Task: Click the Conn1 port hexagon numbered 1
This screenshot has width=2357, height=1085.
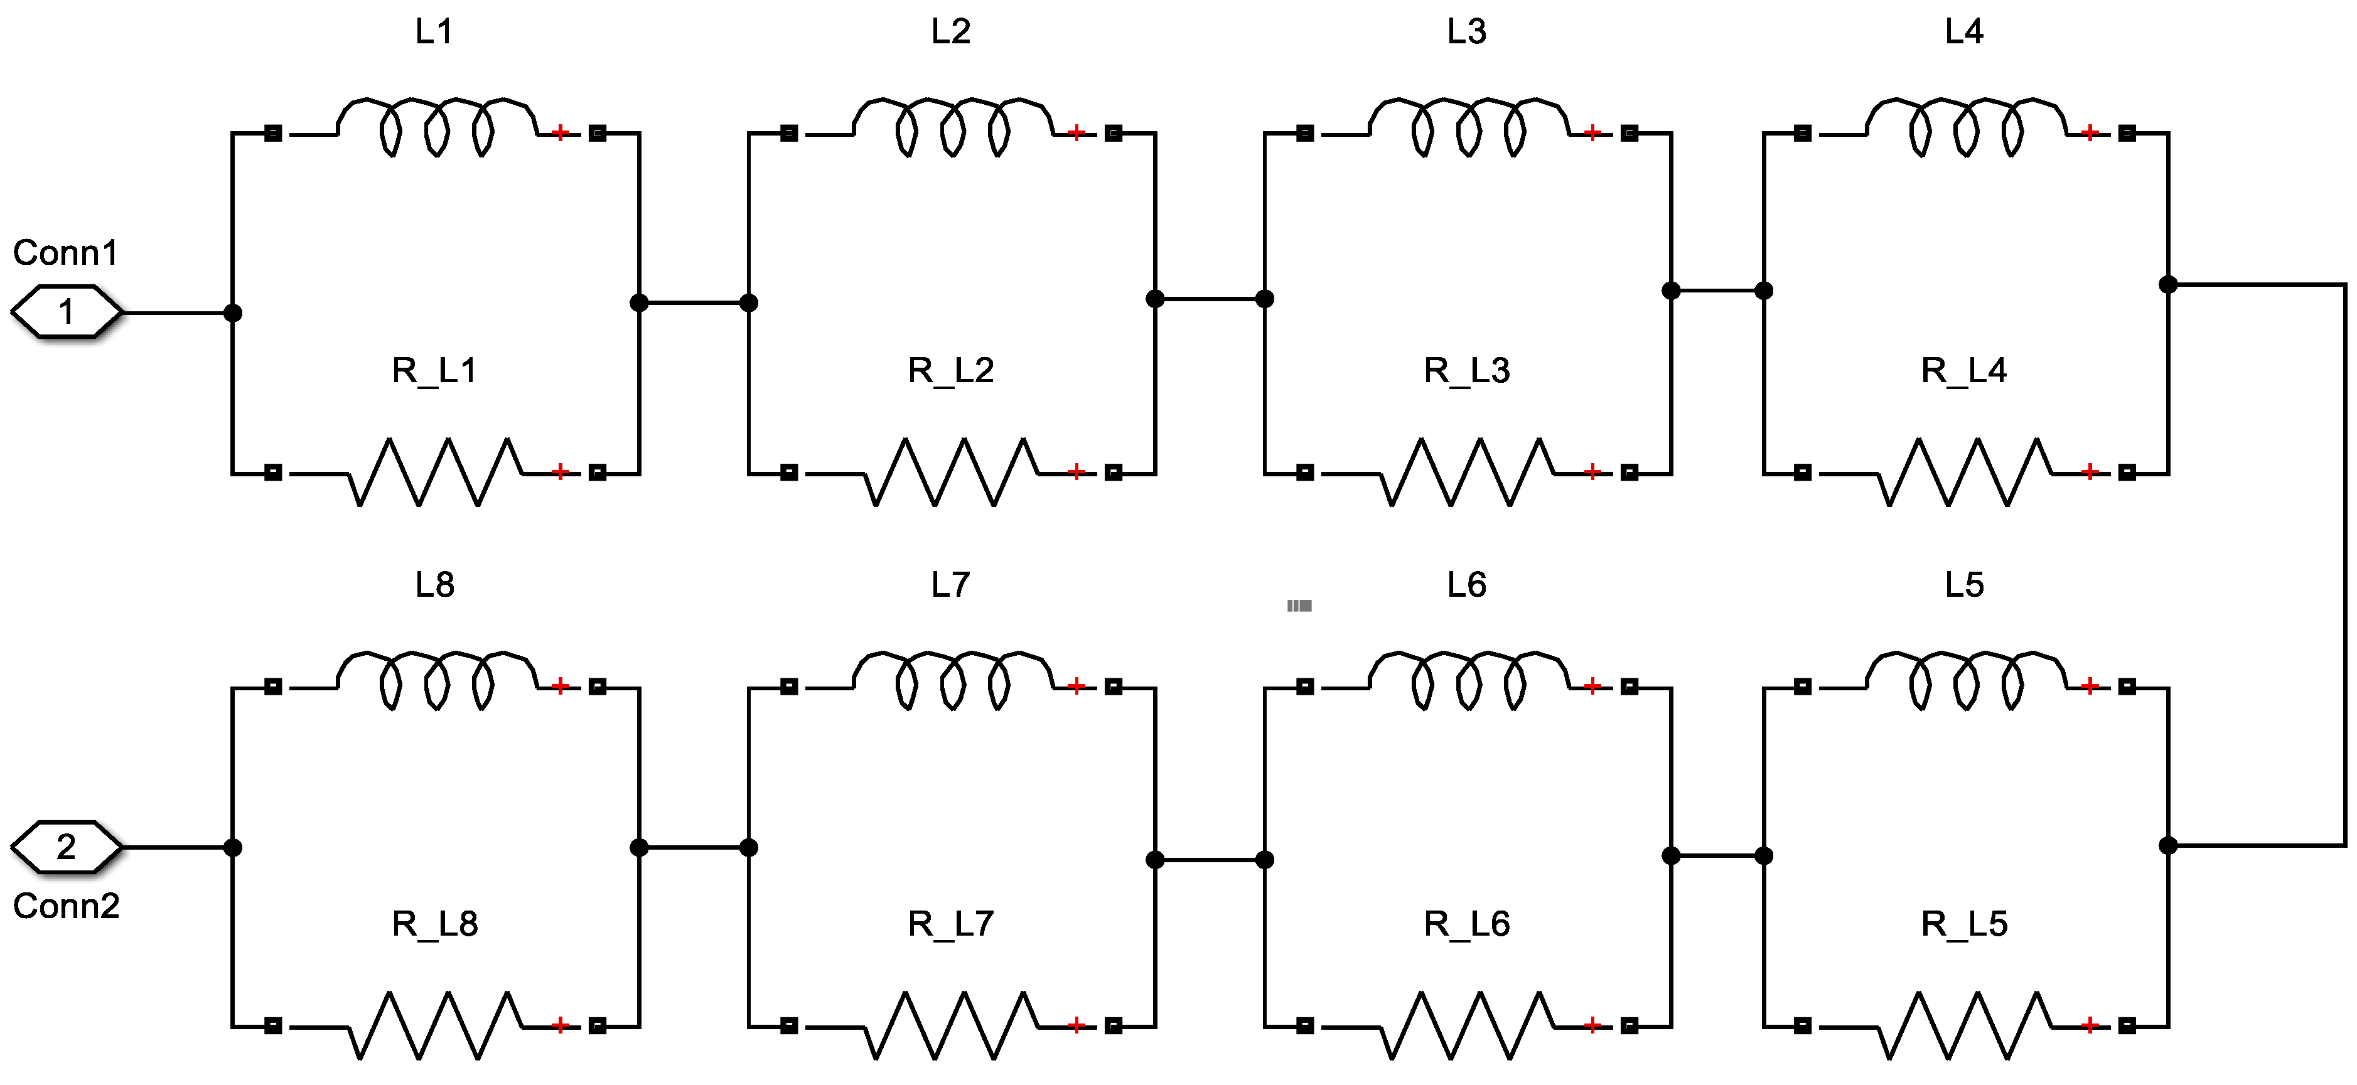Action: tap(66, 312)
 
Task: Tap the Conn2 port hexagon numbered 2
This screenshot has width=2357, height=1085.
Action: tap(66, 847)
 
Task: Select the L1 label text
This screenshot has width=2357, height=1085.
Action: tap(434, 32)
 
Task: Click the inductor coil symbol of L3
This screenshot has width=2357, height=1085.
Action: tap(1468, 126)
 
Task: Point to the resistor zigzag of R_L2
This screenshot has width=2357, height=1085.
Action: tap(952, 472)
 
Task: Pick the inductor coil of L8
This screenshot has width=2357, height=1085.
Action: tap(436, 680)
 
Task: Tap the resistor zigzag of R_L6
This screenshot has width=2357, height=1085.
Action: tap(1468, 1025)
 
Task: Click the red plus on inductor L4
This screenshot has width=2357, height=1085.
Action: tap(2089, 134)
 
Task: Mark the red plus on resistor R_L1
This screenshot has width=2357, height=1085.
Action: tap(560, 472)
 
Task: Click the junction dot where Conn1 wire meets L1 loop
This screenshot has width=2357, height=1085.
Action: tap(234, 313)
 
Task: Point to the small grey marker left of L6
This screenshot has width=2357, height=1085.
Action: tap(1299, 606)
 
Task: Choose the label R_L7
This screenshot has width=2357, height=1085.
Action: tap(951, 924)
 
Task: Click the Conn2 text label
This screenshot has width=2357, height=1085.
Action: tap(66, 906)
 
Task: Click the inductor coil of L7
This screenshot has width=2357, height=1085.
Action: tap(952, 680)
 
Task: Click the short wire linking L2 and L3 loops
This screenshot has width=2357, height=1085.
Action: tap(1210, 298)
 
